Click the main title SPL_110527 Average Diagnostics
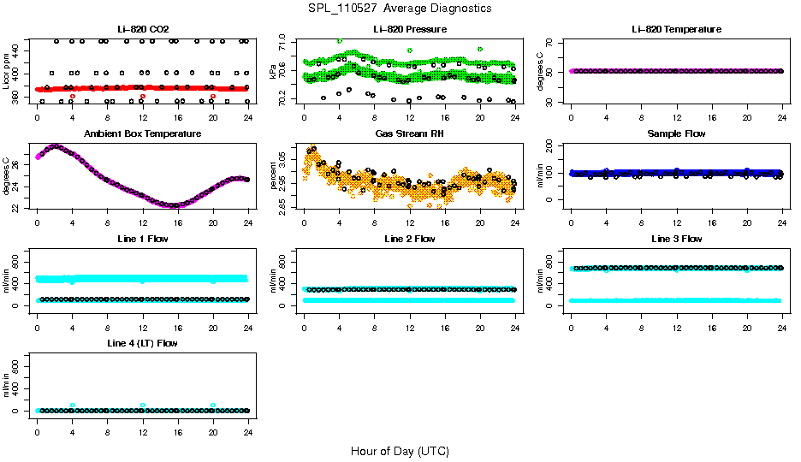pyautogui.click(x=400, y=8)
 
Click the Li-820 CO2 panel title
pyautogui.click(x=142, y=29)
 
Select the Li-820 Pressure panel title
pyautogui.click(x=409, y=29)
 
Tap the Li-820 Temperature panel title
pyautogui.click(x=676, y=29)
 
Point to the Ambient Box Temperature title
pyautogui.click(x=142, y=134)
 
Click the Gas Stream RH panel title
pyautogui.click(x=409, y=134)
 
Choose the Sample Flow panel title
pyautogui.click(x=676, y=134)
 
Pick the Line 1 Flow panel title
pyautogui.click(x=142, y=239)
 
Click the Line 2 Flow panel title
pyautogui.click(x=409, y=239)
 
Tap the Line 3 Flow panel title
pyautogui.click(x=676, y=239)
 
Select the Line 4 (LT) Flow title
pyautogui.click(x=142, y=343)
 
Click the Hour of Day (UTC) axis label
pyautogui.click(x=400, y=451)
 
